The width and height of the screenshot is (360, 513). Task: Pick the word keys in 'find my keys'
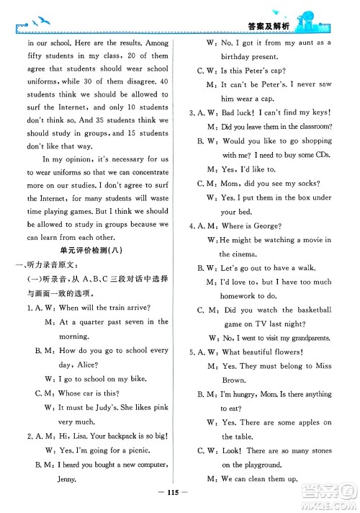point(318,112)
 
